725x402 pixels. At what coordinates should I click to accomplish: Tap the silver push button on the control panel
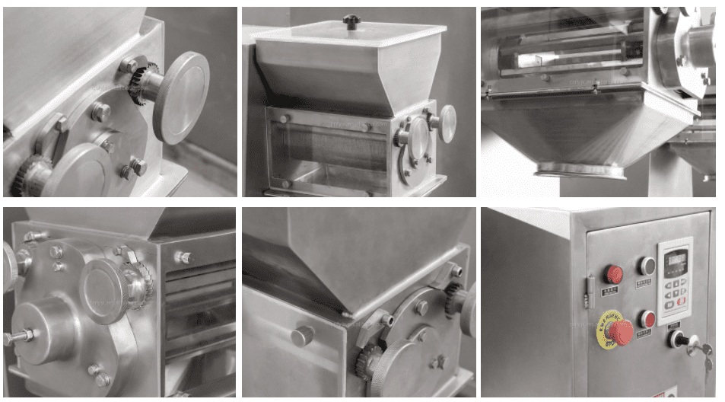click(647, 266)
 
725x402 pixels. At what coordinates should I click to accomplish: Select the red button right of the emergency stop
click(647, 319)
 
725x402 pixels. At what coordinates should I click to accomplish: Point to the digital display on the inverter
click(675, 263)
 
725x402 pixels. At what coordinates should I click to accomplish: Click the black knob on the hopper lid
click(351, 22)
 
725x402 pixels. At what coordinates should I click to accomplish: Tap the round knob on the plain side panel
click(302, 335)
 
